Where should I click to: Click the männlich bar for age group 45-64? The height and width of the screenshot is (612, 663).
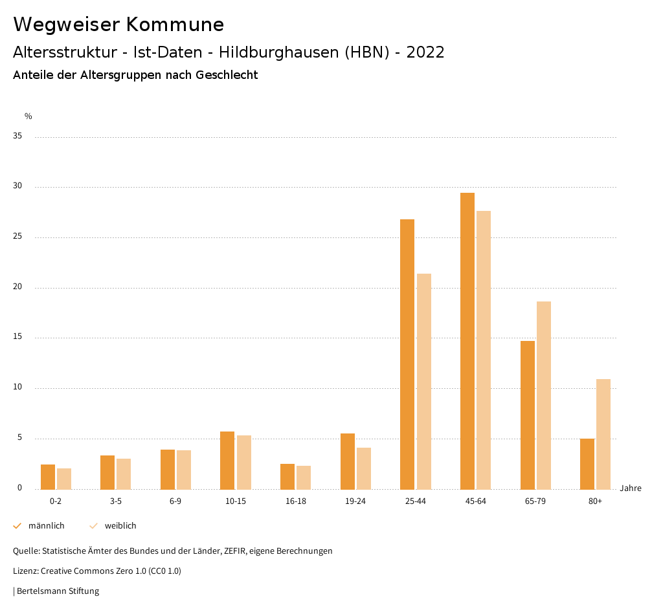click(467, 341)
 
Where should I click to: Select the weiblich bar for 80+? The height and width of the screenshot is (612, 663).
click(603, 434)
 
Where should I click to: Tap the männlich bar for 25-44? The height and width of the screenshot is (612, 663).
click(407, 354)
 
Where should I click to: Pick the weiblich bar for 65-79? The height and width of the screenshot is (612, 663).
click(544, 395)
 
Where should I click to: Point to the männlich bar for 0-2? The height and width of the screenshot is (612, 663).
click(48, 477)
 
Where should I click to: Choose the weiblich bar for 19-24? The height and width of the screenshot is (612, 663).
click(364, 468)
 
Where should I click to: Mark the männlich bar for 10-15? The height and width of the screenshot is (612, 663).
click(227, 460)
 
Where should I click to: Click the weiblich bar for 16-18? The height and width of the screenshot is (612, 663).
click(304, 477)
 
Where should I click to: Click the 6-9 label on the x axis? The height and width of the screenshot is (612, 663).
click(175, 501)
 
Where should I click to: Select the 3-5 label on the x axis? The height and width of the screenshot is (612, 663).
click(116, 501)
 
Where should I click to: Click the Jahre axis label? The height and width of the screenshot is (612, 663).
click(631, 488)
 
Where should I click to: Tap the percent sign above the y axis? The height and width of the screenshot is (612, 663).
click(28, 116)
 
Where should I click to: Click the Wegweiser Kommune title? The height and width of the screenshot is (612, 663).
click(118, 25)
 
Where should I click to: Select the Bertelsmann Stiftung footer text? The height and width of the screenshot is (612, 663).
click(58, 591)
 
